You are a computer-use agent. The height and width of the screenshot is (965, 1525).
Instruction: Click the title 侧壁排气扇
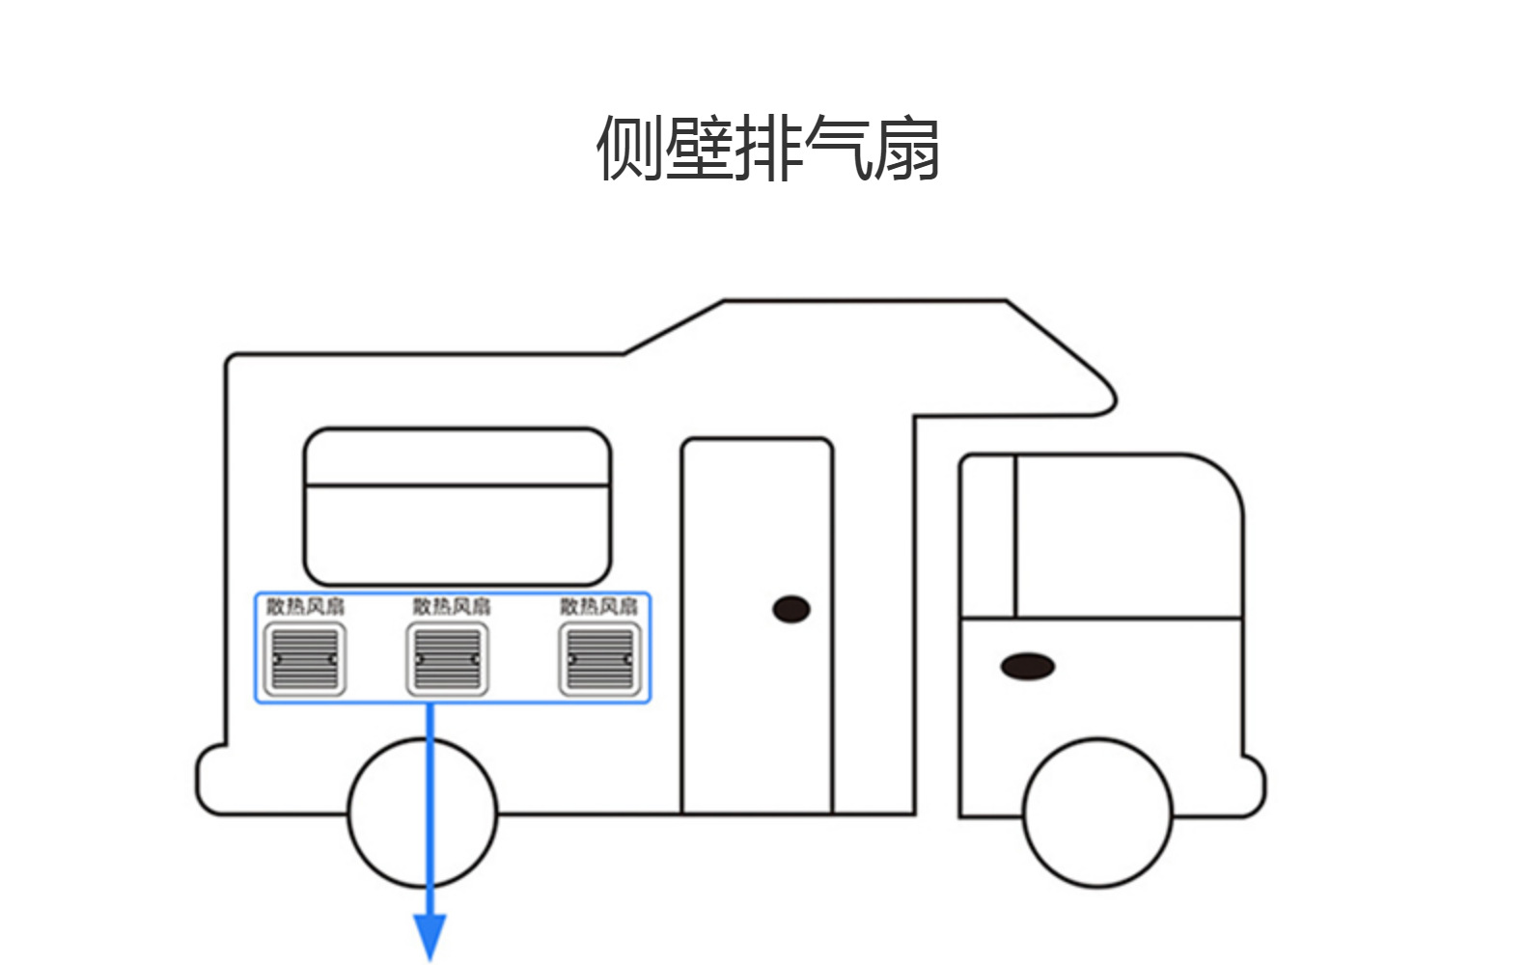[x=768, y=149]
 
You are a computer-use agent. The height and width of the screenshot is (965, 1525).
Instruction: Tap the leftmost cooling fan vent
[x=305, y=659]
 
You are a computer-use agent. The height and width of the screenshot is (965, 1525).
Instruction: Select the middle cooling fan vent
[x=447, y=659]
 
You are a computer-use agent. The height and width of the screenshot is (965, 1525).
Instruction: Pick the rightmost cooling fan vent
[x=599, y=659]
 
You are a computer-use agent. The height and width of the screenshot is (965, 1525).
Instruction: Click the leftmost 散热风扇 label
[x=305, y=606]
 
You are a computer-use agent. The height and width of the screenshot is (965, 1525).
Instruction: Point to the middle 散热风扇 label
[x=452, y=606]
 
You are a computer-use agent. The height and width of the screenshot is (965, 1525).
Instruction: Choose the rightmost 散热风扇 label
[x=599, y=606]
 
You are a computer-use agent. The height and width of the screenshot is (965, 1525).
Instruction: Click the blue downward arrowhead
[x=430, y=936]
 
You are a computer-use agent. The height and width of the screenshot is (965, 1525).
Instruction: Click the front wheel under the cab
[x=1097, y=813]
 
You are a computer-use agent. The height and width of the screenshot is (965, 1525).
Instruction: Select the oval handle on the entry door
[x=791, y=610]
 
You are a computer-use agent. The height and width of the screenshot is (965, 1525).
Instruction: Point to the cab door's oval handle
[x=1027, y=667]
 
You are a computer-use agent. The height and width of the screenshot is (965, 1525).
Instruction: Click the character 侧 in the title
[x=629, y=149]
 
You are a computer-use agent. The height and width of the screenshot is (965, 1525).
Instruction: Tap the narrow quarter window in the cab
[x=989, y=537]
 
